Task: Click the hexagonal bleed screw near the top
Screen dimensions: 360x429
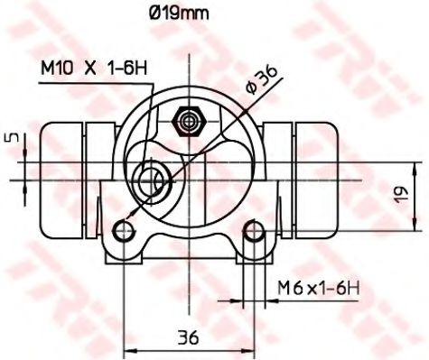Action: (x=190, y=120)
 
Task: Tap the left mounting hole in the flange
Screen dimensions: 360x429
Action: (x=126, y=232)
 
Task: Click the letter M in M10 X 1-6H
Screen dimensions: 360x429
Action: (x=46, y=67)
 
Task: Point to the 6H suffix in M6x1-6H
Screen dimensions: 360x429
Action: (x=348, y=288)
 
